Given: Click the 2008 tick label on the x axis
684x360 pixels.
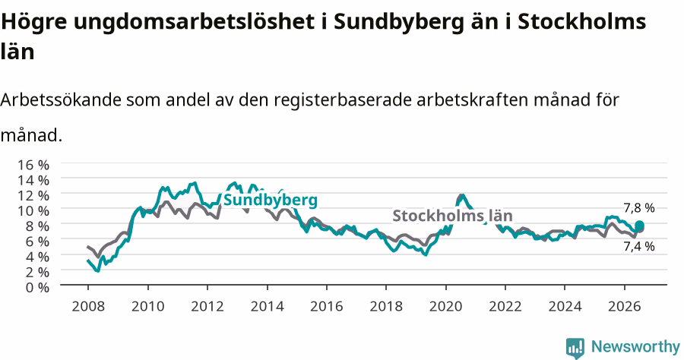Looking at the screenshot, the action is click(88, 306).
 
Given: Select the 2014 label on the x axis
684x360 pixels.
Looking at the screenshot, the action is click(267, 306).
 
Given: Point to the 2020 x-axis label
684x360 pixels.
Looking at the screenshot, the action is click(446, 306).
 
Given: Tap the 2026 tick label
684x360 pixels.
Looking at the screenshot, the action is click(625, 306).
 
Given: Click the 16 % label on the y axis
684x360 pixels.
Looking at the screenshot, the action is click(33, 165).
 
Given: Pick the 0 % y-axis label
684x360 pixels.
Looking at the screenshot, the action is click(37, 287).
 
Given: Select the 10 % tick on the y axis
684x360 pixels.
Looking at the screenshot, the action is click(33, 210).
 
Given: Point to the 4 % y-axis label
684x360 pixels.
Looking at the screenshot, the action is click(37, 257).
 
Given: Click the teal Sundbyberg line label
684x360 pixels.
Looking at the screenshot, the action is click(271, 201).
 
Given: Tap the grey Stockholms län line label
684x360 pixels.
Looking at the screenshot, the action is click(452, 216).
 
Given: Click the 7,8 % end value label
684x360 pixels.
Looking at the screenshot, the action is click(639, 208).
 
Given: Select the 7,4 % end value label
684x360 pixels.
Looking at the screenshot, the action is click(639, 247).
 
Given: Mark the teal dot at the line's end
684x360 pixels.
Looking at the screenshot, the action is click(639, 226).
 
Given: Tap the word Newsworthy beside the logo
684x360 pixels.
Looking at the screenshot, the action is click(635, 347).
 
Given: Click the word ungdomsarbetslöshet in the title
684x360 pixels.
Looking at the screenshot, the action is click(193, 22).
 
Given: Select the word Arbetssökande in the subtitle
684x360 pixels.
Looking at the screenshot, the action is click(61, 99).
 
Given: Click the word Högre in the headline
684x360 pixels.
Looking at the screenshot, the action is click(33, 22).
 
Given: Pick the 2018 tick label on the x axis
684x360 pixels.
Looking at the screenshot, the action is click(386, 306).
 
